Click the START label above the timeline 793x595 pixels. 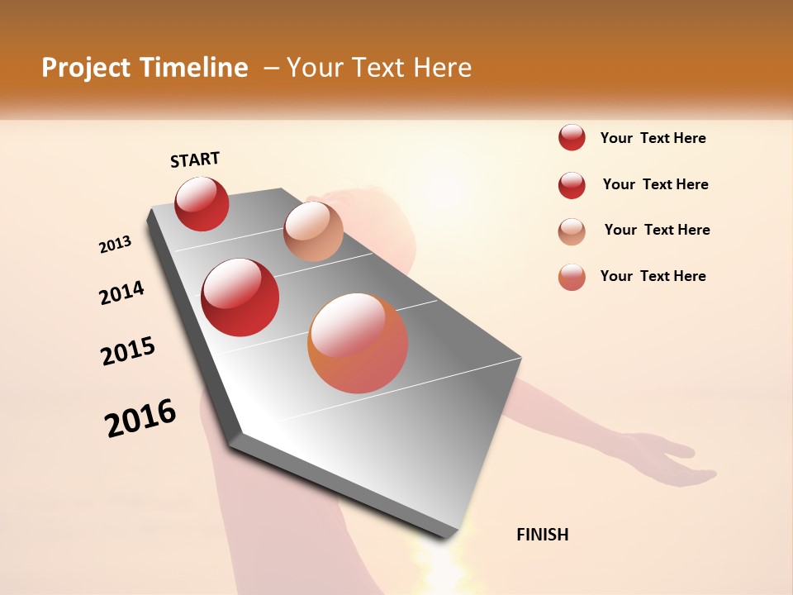point(195,159)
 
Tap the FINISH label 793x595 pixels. point(542,535)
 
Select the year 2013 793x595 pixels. point(116,245)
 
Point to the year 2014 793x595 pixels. point(121,293)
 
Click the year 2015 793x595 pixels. point(128,351)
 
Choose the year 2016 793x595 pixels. point(140,417)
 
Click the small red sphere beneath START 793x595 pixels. point(202,203)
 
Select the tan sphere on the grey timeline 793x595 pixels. point(313,231)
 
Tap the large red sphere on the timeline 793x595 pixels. point(240,297)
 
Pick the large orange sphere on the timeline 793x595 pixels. point(358,343)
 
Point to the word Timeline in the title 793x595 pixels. point(196,68)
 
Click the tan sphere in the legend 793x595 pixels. point(572,231)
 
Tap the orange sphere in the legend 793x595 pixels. point(572,277)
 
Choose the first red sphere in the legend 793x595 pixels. point(572,137)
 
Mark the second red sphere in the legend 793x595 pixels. point(572,185)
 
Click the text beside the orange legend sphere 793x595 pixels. point(653,276)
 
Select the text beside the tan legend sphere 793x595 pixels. point(657,230)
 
